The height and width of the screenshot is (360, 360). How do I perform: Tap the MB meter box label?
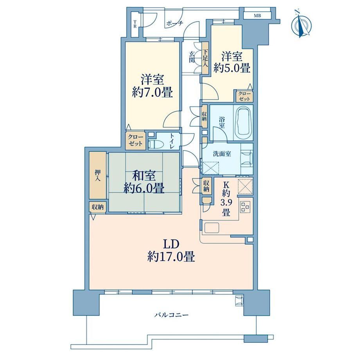point(257,16)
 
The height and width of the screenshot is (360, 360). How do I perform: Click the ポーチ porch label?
point(175,23)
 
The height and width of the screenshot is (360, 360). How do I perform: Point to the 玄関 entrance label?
point(192,57)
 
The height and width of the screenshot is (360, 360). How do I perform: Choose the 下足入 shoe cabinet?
point(205,58)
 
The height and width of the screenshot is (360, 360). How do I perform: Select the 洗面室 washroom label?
point(222,154)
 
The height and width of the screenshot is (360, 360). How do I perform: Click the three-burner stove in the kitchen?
point(245,206)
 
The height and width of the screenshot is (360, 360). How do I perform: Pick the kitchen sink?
point(212,228)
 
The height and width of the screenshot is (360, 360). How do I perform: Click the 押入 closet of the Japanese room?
point(98,175)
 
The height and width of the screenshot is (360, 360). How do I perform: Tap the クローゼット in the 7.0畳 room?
point(135,140)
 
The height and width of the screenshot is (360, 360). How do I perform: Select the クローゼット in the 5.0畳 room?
point(244,96)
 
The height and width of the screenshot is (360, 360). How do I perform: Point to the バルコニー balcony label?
point(171,315)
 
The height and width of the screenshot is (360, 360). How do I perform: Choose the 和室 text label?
point(144,176)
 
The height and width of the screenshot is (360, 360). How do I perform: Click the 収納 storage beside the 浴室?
point(204,116)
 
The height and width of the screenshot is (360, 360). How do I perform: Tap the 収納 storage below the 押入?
point(98,207)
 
